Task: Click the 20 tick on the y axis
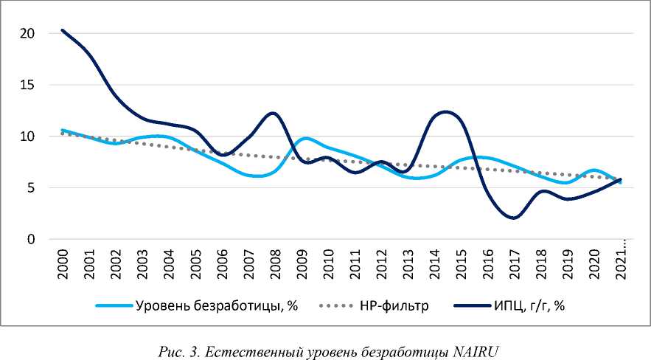(27, 33)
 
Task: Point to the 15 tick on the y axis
(27, 85)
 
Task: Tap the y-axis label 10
(27, 136)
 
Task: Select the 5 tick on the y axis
(30, 188)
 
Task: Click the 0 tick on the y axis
(30, 240)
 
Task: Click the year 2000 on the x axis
(63, 264)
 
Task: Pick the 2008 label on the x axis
(275, 264)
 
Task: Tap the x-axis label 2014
(434, 264)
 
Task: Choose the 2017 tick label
(514, 264)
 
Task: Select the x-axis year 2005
(195, 264)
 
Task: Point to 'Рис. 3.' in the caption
(175, 350)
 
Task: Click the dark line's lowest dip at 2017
(515, 218)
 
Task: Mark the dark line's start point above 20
(63, 30)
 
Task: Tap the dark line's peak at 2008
(273, 113)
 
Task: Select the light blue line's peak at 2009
(305, 139)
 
